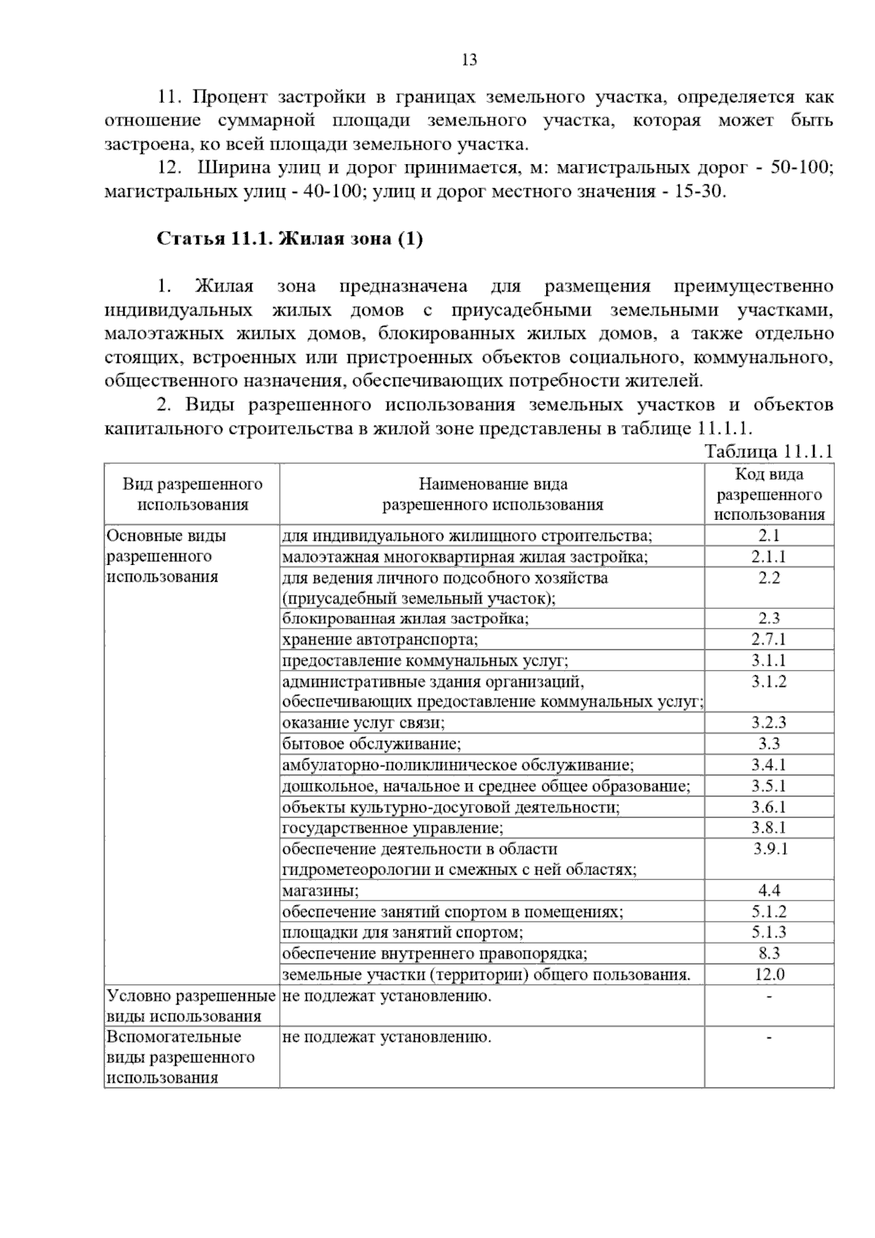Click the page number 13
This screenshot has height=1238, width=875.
[x=470, y=61]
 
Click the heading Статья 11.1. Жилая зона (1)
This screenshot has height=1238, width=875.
[x=289, y=239]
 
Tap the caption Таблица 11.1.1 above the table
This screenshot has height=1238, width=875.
[x=769, y=452]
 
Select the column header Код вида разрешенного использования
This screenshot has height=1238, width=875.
[x=769, y=494]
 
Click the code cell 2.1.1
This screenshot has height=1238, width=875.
[x=769, y=557]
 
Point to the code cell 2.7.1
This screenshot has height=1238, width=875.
[x=769, y=639]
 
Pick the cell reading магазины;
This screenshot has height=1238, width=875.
[x=321, y=890]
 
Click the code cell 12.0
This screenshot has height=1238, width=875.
[x=769, y=974]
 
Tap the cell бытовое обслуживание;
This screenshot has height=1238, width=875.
[x=372, y=744]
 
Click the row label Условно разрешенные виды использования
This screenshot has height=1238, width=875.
[x=191, y=1005]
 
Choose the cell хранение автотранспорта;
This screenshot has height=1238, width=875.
[x=380, y=639]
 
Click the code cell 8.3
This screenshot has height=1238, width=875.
[x=769, y=953]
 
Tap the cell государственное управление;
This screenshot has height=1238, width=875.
[x=392, y=828]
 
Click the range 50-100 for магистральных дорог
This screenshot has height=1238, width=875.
[x=805, y=168]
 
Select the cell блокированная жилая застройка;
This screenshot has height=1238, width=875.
[x=405, y=618]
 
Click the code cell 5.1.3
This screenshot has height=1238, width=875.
[x=769, y=932]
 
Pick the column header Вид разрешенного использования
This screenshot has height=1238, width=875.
[x=192, y=494]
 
